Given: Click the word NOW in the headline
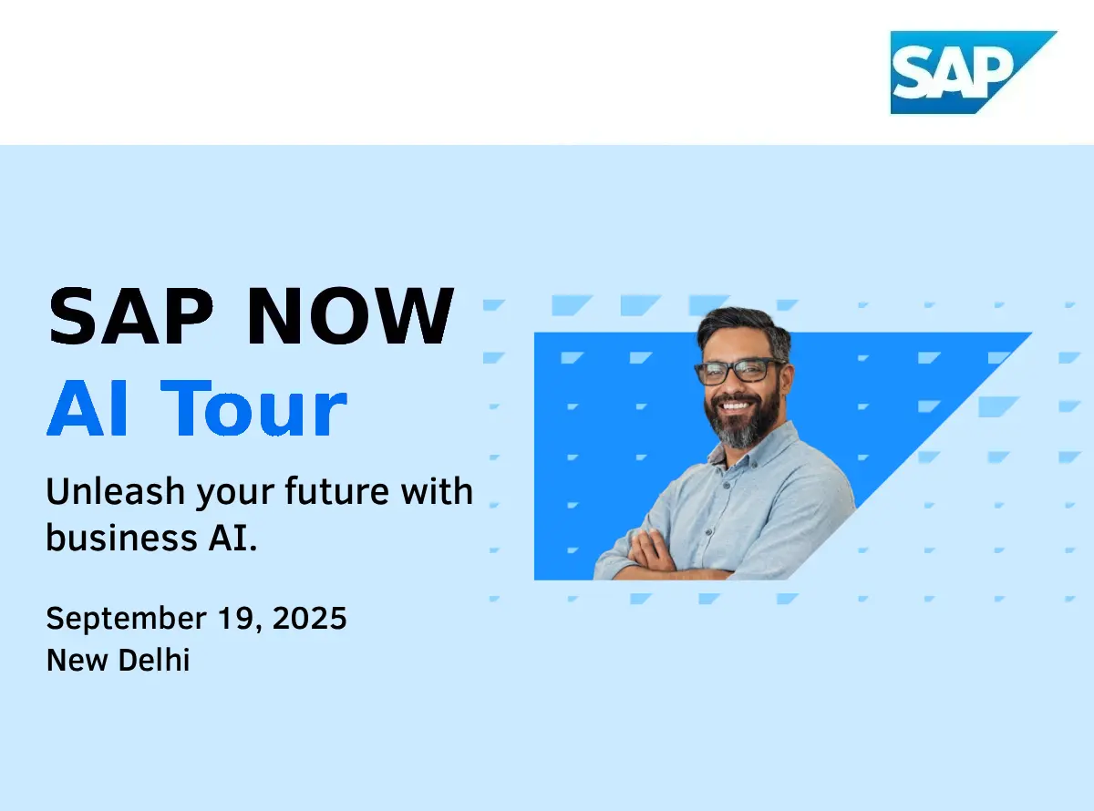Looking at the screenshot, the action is (x=350, y=316).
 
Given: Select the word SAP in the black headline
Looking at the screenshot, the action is (x=130, y=316).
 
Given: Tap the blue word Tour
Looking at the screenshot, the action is (x=253, y=407).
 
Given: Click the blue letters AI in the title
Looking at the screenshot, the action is (x=88, y=407).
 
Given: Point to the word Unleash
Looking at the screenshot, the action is (x=116, y=491).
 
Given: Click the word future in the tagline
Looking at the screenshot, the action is (x=337, y=491).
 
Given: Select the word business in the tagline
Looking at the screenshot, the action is (x=122, y=537).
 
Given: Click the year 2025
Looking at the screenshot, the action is (x=309, y=618).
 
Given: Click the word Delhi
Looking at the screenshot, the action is (x=154, y=660).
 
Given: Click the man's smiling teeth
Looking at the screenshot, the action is (x=735, y=405).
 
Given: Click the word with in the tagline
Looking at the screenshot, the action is (x=437, y=491).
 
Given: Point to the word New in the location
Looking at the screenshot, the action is (x=77, y=660).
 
